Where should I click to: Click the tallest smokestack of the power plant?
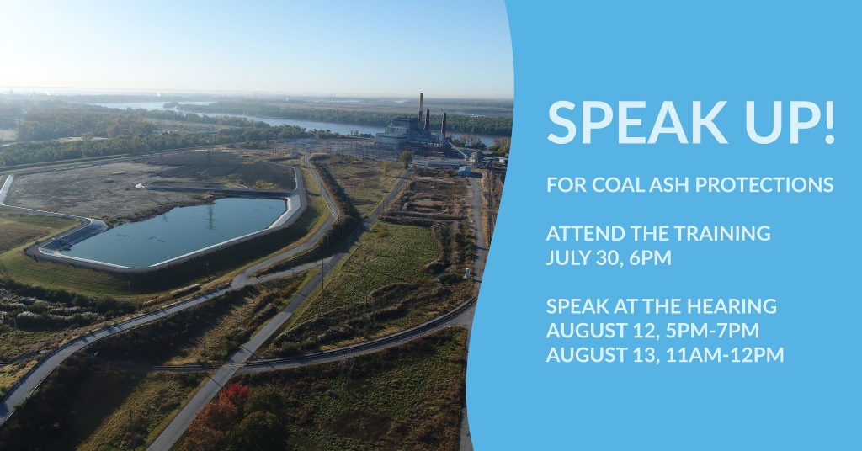(421, 107)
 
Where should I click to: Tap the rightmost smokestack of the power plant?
(444, 125)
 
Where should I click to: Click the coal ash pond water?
(176, 231)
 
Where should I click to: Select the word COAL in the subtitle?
(612, 185)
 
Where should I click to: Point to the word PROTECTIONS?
(764, 185)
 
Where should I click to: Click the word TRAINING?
(722, 233)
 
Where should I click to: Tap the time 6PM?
(651, 257)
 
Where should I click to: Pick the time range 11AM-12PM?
(725, 355)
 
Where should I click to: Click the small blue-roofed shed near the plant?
(464, 171)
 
